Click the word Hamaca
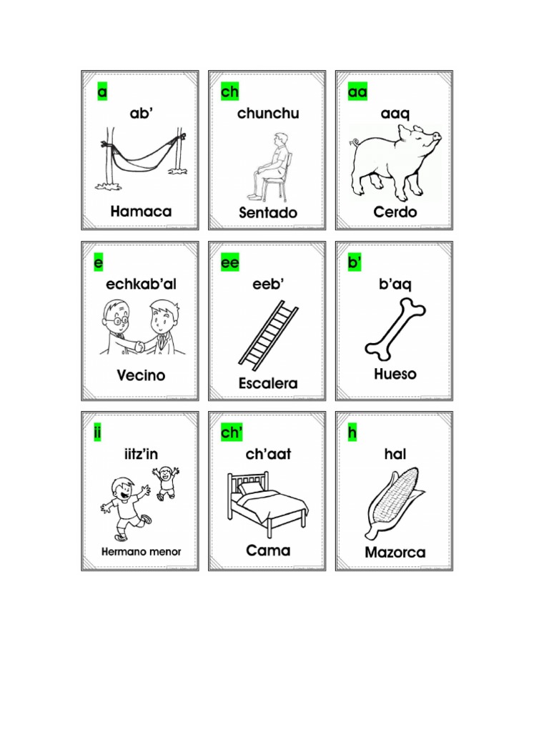[x=141, y=212]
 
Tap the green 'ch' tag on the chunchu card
[x=230, y=92]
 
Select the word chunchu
[x=268, y=114]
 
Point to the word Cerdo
[x=395, y=212]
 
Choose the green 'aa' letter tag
[x=357, y=92]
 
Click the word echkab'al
[x=141, y=284]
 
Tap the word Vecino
[x=141, y=375]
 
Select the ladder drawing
[x=268, y=335]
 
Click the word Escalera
[x=268, y=384]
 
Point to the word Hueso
[x=395, y=375]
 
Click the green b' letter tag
[x=355, y=263]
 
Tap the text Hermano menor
[x=141, y=552]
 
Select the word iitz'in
[x=141, y=454]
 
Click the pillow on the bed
[x=249, y=488]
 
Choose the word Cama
[x=268, y=550]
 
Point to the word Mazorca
[x=395, y=553]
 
